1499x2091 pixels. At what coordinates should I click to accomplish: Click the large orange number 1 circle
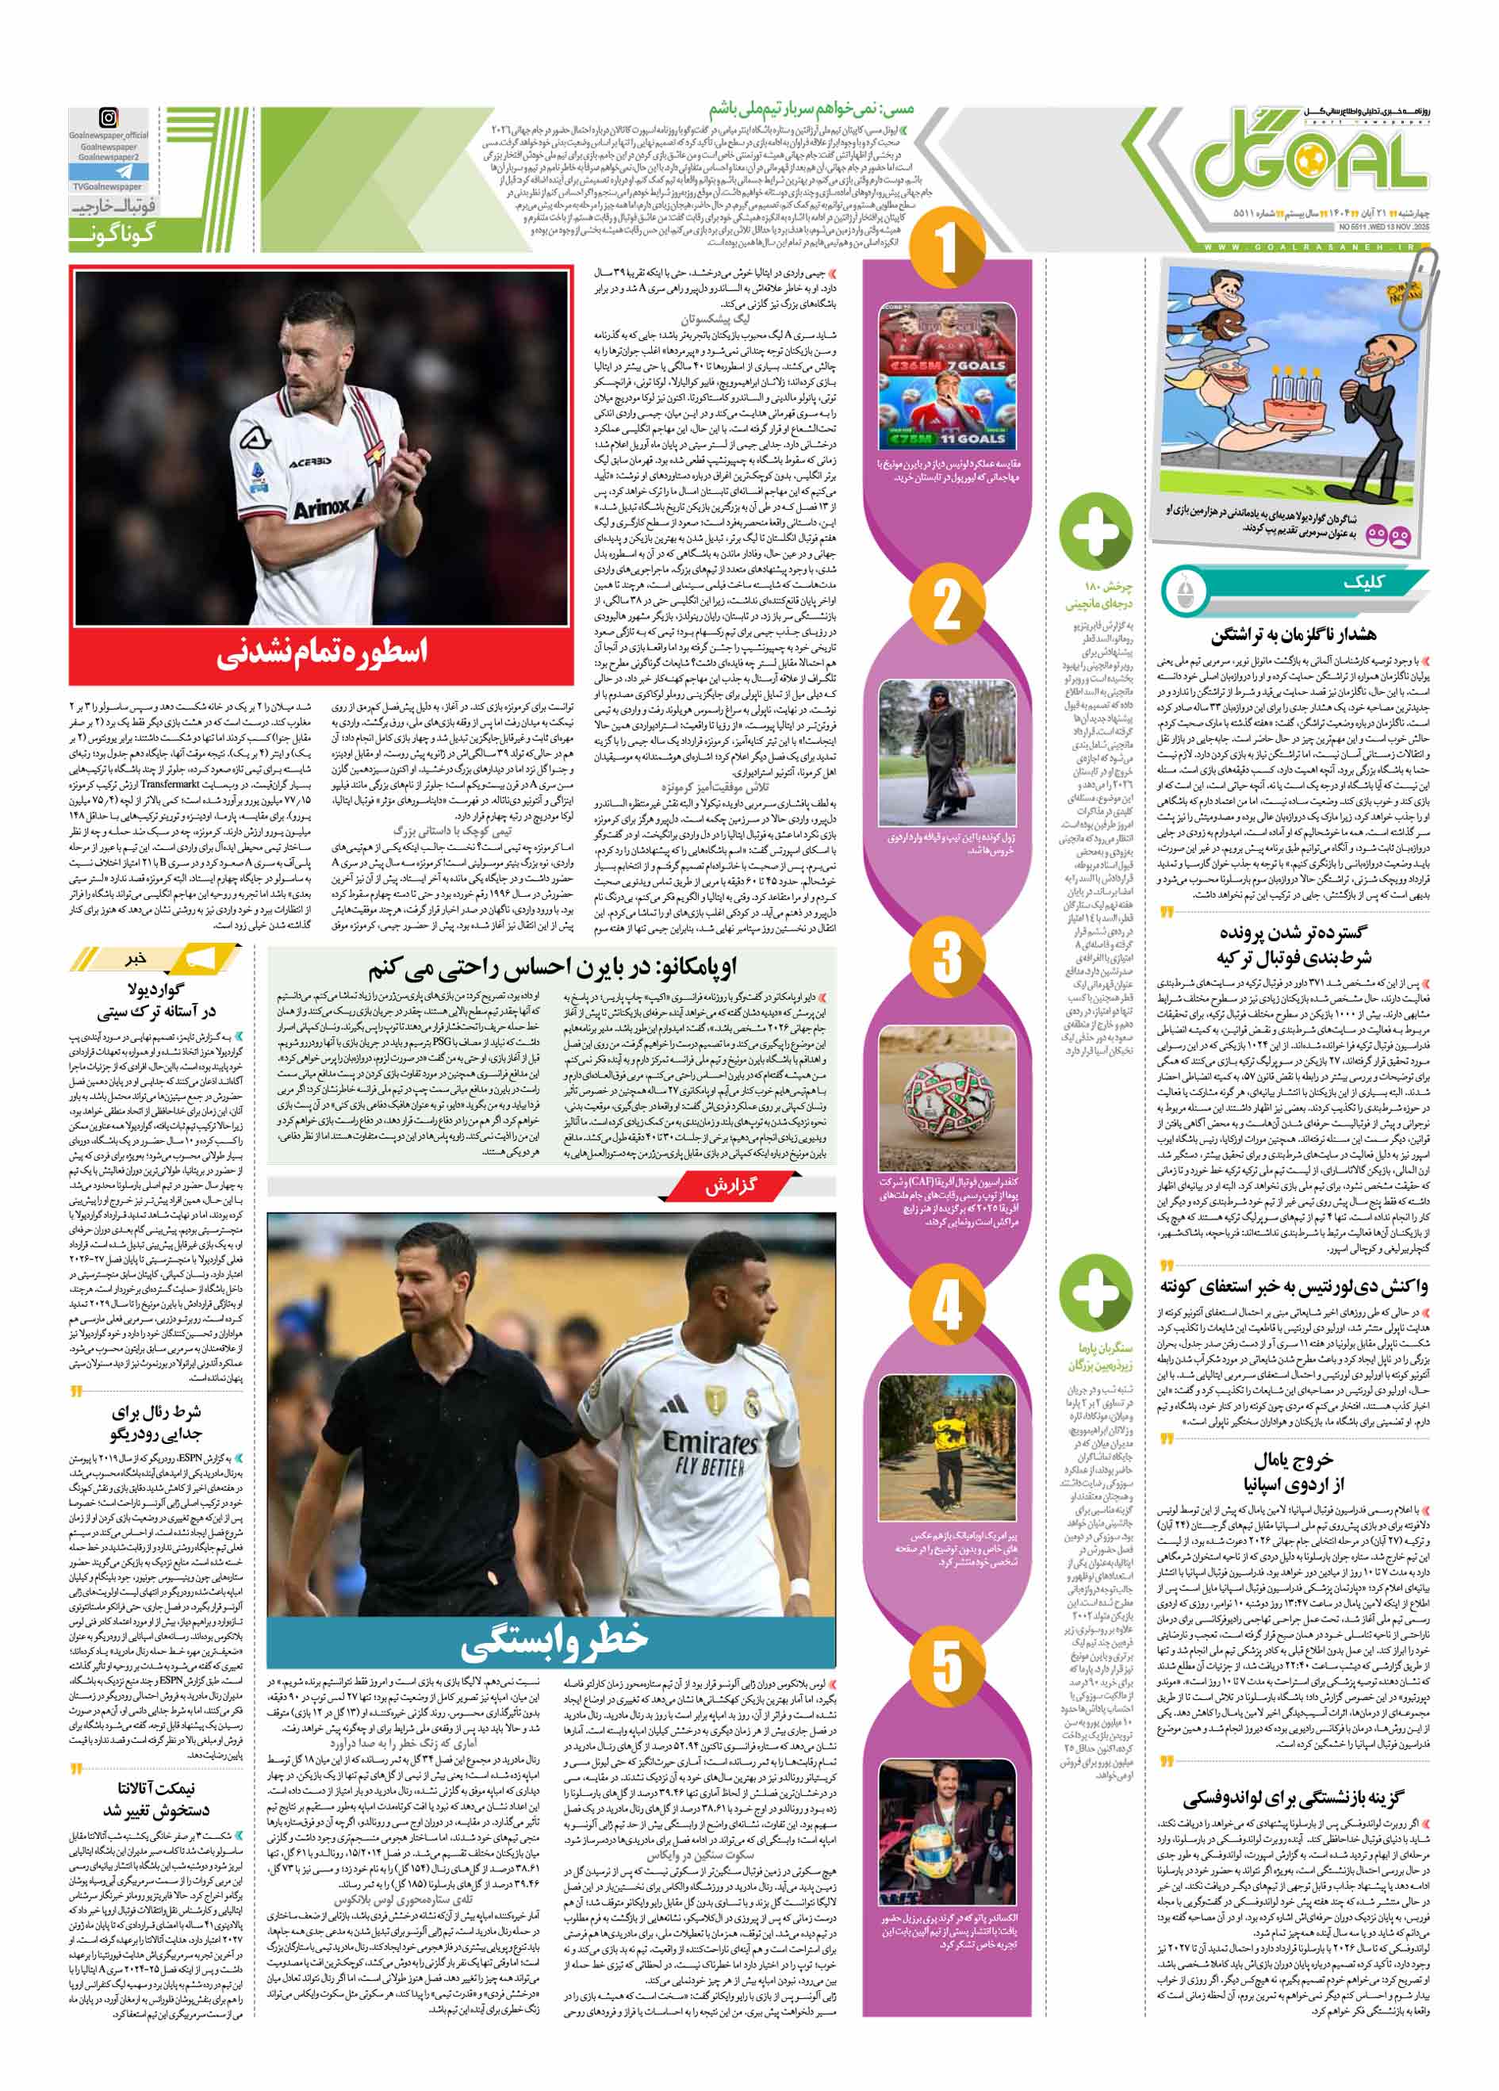(x=947, y=251)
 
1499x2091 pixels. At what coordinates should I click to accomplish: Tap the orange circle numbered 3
(x=947, y=956)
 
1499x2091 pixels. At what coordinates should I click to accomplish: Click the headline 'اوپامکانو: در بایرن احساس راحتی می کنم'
(x=553, y=967)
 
